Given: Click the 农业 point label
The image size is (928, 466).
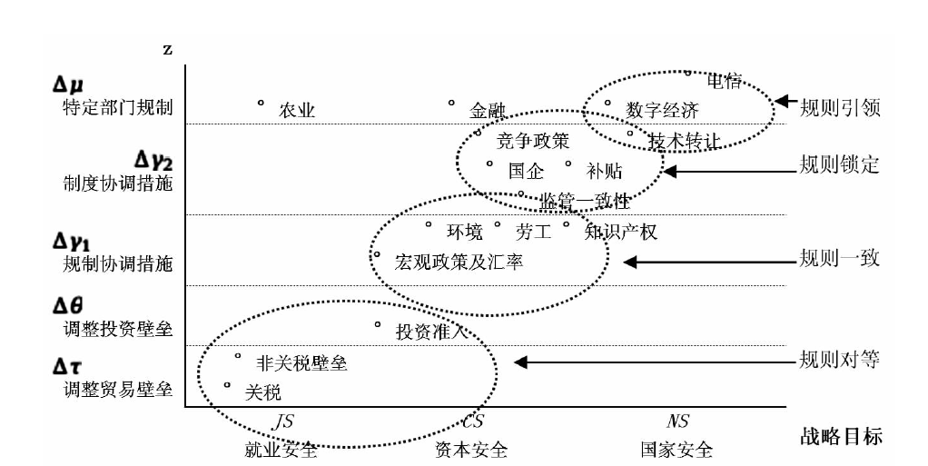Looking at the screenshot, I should coord(297,111).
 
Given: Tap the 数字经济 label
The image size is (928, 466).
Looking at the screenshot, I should coord(662,111).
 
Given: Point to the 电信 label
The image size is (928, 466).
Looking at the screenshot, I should coord(724,82).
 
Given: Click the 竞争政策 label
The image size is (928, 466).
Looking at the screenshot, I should coord(534,142).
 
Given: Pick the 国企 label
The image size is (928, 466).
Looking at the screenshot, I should coord(526,170).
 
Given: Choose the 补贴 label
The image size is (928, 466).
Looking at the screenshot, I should coord(605,170).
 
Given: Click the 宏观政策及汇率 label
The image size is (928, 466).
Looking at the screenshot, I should coord(459,262).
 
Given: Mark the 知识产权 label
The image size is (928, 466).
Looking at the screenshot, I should coord(622,232).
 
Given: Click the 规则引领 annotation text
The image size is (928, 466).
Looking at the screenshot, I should coord(840,108).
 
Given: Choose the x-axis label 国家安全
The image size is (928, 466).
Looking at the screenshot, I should coord(676,450).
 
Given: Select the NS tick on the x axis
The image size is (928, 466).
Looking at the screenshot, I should coord(677,421).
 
